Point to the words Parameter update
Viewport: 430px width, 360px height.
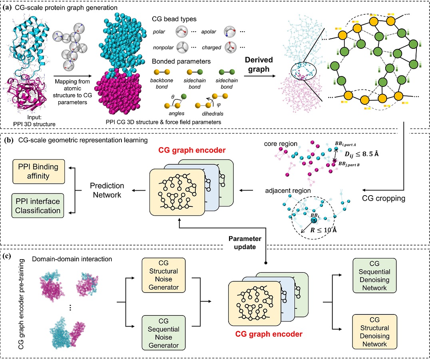point(245,242)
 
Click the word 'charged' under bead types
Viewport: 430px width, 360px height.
point(212,48)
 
